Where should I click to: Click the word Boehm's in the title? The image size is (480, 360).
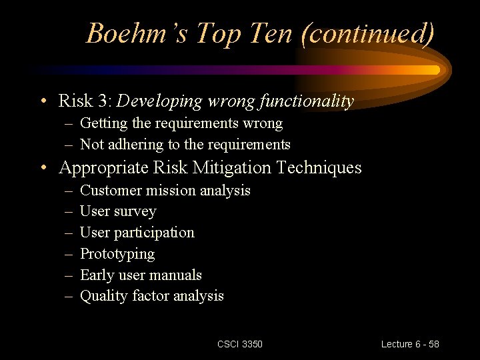[138, 33]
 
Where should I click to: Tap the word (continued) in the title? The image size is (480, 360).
[367, 33]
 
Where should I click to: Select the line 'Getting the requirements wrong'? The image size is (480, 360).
[181, 123]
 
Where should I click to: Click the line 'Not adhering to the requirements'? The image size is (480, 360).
[185, 145]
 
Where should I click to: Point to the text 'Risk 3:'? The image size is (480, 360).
[85, 101]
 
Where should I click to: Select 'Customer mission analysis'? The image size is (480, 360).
[165, 191]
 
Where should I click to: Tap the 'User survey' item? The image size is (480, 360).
[118, 211]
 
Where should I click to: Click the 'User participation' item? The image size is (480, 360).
[137, 233]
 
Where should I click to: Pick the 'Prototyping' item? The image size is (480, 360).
[117, 254]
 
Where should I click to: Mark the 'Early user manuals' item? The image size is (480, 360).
[141, 275]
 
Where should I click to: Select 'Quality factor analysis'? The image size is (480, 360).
[151, 296]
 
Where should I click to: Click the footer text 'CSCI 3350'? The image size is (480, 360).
[240, 344]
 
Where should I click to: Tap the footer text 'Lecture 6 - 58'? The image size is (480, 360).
[410, 344]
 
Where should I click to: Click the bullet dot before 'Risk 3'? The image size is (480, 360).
[43, 102]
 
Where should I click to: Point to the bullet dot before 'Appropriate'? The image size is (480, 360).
[43, 168]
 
